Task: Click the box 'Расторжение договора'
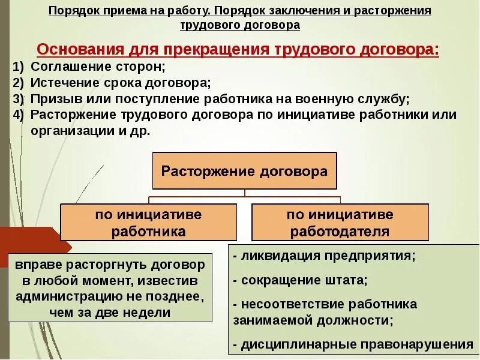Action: pyautogui.click(x=245, y=171)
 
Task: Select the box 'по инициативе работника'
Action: pyautogui.click(x=148, y=223)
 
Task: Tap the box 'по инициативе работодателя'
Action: pyautogui.click(x=340, y=223)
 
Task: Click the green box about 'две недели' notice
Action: pyautogui.click(x=110, y=288)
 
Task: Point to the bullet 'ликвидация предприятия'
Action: pyautogui.click(x=324, y=256)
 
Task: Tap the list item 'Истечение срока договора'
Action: pyautogui.click(x=120, y=83)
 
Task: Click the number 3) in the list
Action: pyautogui.click(x=18, y=99)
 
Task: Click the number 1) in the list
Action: pyautogui.click(x=18, y=67)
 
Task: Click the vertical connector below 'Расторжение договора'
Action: pyautogui.click(x=245, y=193)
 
